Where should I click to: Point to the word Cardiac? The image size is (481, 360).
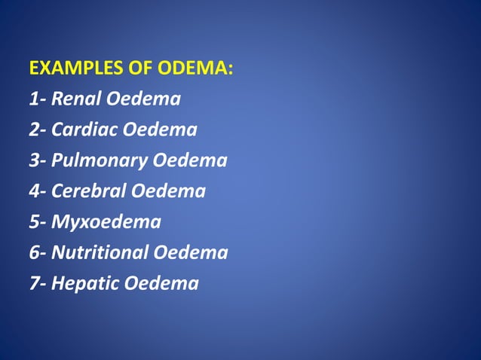(84, 130)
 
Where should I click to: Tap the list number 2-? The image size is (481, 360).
(38, 130)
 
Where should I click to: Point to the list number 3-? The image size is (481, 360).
(38, 160)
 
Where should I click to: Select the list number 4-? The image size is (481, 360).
(38, 191)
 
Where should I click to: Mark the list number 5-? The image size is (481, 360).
(38, 222)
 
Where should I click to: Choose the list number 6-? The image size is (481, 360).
(38, 253)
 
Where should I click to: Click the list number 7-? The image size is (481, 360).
(38, 284)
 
